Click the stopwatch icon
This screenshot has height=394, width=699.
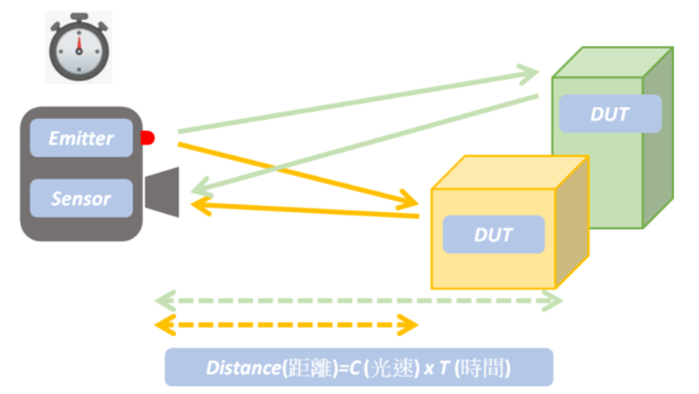click(78, 47)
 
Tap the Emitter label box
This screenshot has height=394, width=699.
click(80, 137)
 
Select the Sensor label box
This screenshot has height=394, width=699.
click(80, 198)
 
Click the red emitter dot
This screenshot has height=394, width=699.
click(147, 138)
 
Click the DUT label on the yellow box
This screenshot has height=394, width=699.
click(493, 235)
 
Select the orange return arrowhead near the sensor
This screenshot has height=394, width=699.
click(197, 206)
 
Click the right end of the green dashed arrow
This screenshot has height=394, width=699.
click(556, 302)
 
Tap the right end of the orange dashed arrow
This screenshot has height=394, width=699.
click(411, 326)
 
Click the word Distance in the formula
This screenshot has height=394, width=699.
click(241, 367)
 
